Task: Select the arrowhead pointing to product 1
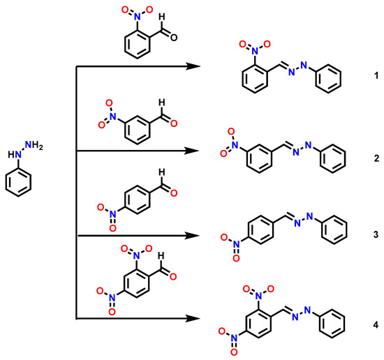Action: (x=189, y=67)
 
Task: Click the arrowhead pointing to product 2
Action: (x=189, y=150)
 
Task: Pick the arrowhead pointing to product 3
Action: (x=189, y=237)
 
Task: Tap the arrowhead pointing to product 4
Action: (x=189, y=320)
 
